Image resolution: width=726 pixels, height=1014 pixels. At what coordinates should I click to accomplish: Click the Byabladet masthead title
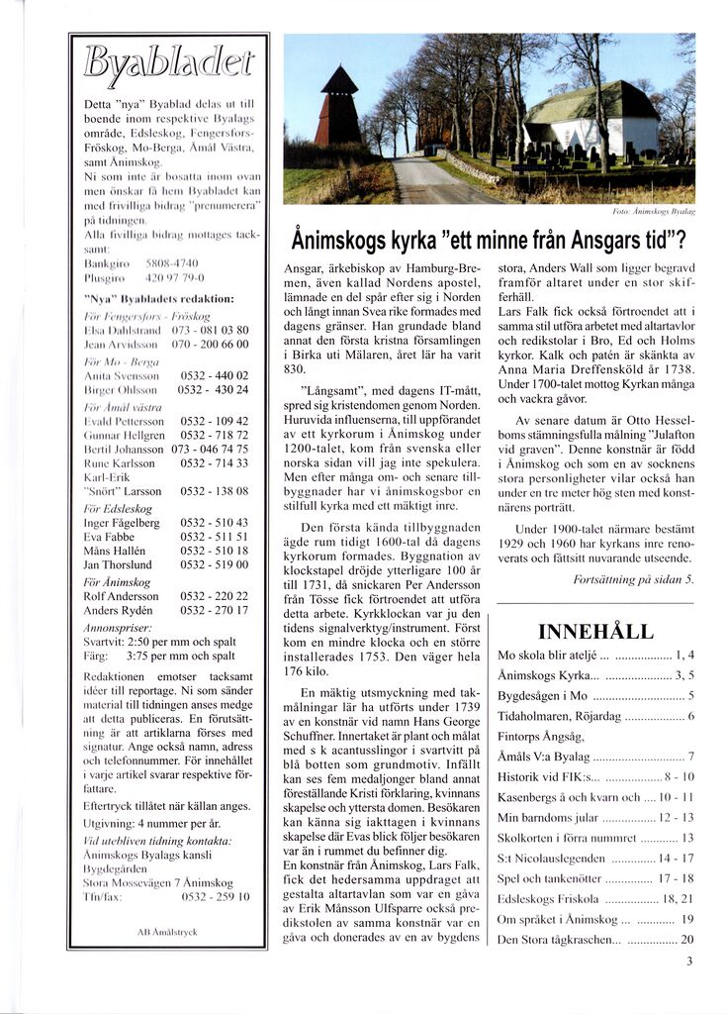tap(168, 63)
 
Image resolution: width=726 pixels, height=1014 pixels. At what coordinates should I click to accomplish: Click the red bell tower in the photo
tap(338, 109)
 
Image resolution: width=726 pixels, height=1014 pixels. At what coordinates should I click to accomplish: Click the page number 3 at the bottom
tap(689, 960)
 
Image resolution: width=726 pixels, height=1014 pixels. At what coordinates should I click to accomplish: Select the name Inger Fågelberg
tap(122, 523)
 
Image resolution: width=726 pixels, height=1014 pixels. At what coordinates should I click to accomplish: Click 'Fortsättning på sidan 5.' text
tap(634, 579)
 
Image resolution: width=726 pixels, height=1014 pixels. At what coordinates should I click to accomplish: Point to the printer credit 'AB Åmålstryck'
tap(167, 932)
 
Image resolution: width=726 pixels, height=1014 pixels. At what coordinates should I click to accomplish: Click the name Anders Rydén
tap(117, 611)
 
